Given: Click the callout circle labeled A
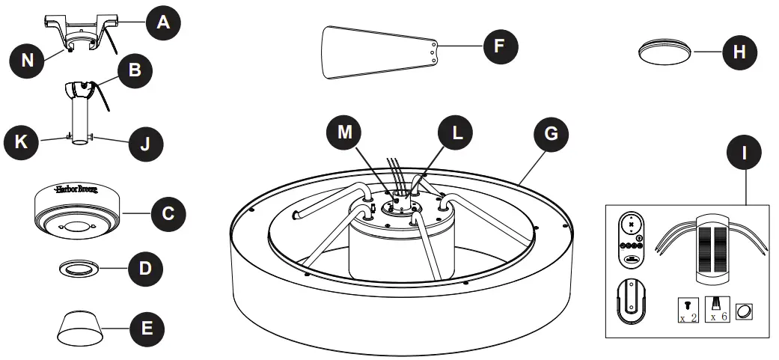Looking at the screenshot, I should tap(163, 23).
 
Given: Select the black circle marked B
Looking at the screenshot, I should tap(135, 72).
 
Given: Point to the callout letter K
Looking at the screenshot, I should tap(21, 141).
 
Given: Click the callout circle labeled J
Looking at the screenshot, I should tap(144, 142).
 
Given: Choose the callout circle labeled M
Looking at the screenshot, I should tap(344, 133).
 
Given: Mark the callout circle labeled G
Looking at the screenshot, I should tap(550, 134).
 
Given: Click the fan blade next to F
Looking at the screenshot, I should tap(379, 51).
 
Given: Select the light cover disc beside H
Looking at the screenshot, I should tap(665, 52).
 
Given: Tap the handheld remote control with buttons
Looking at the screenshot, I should tap(632, 238).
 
